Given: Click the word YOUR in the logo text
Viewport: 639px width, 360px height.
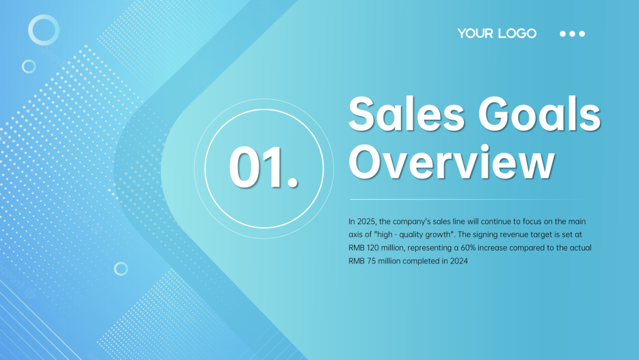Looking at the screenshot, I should click(474, 33).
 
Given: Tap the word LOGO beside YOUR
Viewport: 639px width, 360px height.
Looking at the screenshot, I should click(516, 33).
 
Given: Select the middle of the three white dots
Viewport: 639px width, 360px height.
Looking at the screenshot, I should click(572, 33).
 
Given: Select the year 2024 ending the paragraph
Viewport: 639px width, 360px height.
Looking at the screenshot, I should click(458, 261).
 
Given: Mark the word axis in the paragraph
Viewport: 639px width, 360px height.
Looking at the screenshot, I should click(356, 234).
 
